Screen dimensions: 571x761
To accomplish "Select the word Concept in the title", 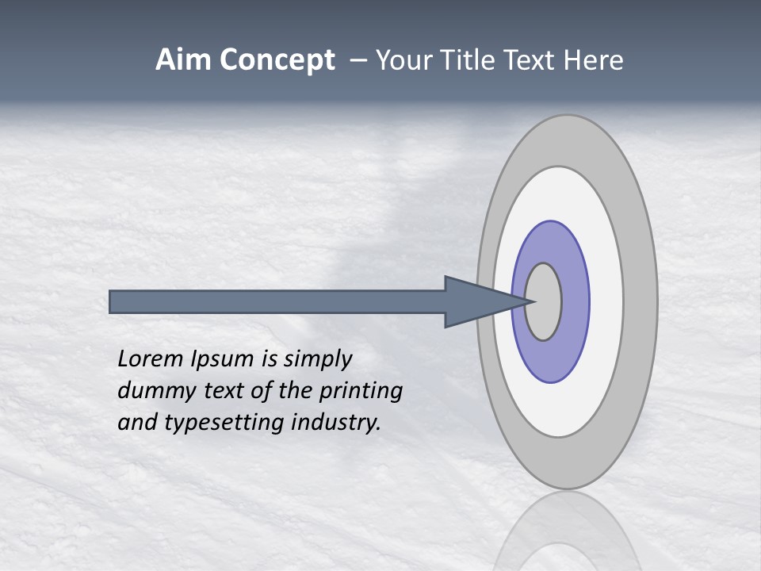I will [x=277, y=60].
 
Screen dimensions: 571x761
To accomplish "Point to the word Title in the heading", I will [x=472, y=60].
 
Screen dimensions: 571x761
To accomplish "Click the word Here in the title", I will [x=594, y=60].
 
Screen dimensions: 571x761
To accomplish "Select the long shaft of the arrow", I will [x=277, y=301].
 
